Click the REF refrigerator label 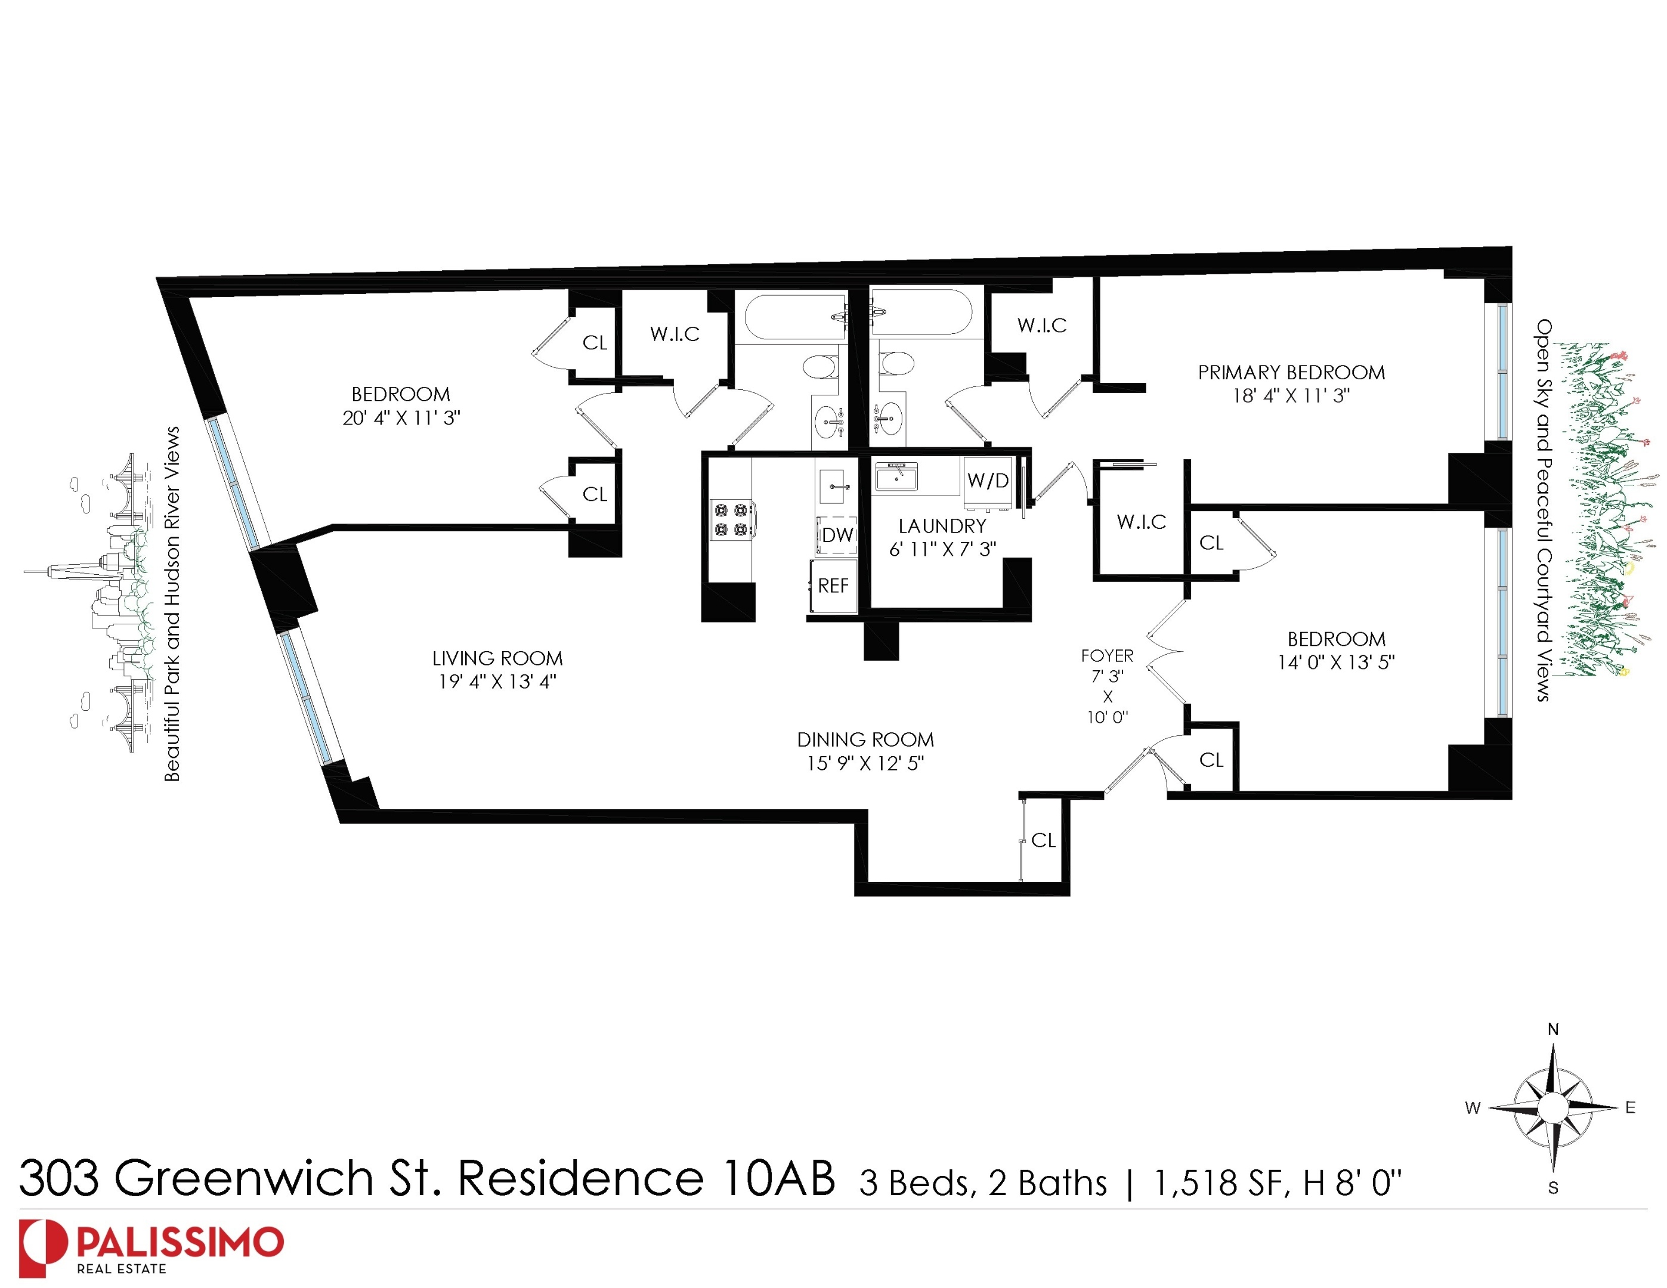(x=833, y=586)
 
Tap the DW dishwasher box (x=837, y=535)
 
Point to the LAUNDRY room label (x=942, y=527)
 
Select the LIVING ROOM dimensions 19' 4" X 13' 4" (x=497, y=682)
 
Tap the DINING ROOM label (x=865, y=740)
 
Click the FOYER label (x=1107, y=656)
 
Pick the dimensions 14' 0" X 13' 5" (x=1336, y=662)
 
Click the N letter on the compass (x=1552, y=1030)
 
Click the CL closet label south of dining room (x=1043, y=841)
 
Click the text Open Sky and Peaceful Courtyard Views (x=1542, y=510)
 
